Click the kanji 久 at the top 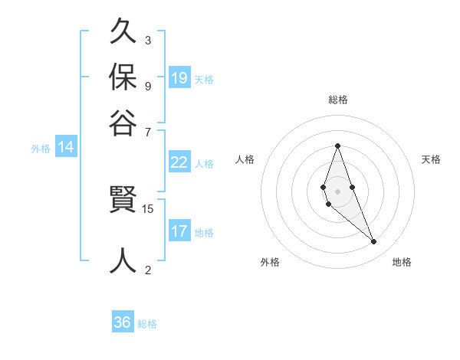(123, 33)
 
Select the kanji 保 (123, 77)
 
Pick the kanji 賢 (123, 201)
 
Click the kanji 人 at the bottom (123, 260)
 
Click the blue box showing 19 (179, 78)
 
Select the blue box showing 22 (179, 162)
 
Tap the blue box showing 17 (179, 231)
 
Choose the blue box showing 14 (66, 148)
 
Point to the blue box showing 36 (123, 322)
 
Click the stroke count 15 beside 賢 (148, 208)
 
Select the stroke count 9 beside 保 (148, 85)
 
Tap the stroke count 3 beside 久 (148, 40)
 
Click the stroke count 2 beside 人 (148, 269)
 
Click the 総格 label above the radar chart (337, 100)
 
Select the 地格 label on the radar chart (402, 262)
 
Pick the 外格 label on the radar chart (270, 262)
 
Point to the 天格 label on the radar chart (431, 159)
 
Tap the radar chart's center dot (337, 191)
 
